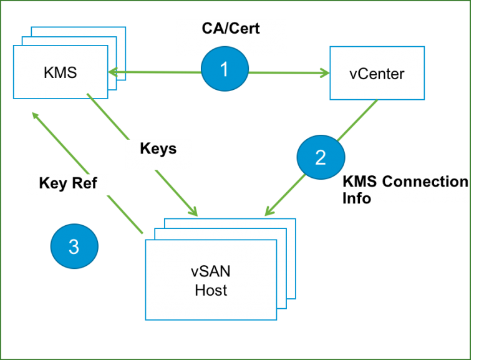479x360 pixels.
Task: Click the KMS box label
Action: pos(60,72)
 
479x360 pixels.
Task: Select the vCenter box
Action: pos(377,74)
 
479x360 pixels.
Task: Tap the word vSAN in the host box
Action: pos(211,272)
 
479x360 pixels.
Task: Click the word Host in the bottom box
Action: pos(211,289)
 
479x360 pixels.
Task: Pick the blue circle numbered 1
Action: pos(225,68)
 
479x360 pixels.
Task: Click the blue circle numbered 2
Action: pos(320,157)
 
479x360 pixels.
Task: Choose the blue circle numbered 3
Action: pos(74,247)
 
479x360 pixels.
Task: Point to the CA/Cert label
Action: pos(231,28)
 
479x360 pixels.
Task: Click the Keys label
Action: pos(158,149)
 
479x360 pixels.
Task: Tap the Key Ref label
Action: pos(67,183)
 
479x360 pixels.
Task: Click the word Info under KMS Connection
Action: pos(357,198)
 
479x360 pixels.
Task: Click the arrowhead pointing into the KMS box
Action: pos(114,73)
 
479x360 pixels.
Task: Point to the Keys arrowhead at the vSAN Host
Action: pos(193,212)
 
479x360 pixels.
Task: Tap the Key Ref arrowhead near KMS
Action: pos(36,116)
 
